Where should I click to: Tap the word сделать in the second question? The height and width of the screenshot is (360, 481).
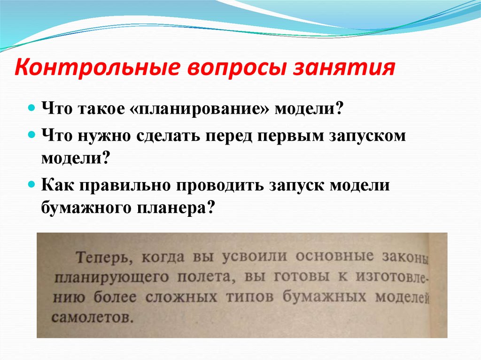(x=169, y=136)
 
